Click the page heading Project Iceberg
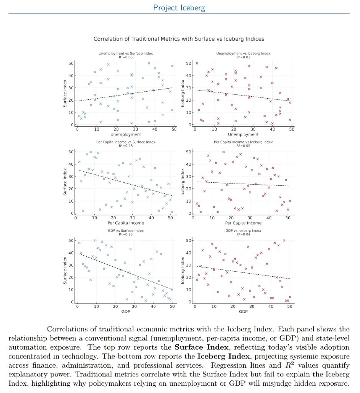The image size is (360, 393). point(179,8)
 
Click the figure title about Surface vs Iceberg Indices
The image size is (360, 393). point(179,39)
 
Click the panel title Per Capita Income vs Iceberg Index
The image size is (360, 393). point(243,142)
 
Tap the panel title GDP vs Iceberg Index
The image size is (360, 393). point(243,231)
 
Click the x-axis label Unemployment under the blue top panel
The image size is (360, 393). point(124,134)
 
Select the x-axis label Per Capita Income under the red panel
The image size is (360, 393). point(243,223)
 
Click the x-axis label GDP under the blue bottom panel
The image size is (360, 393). point(124,312)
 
